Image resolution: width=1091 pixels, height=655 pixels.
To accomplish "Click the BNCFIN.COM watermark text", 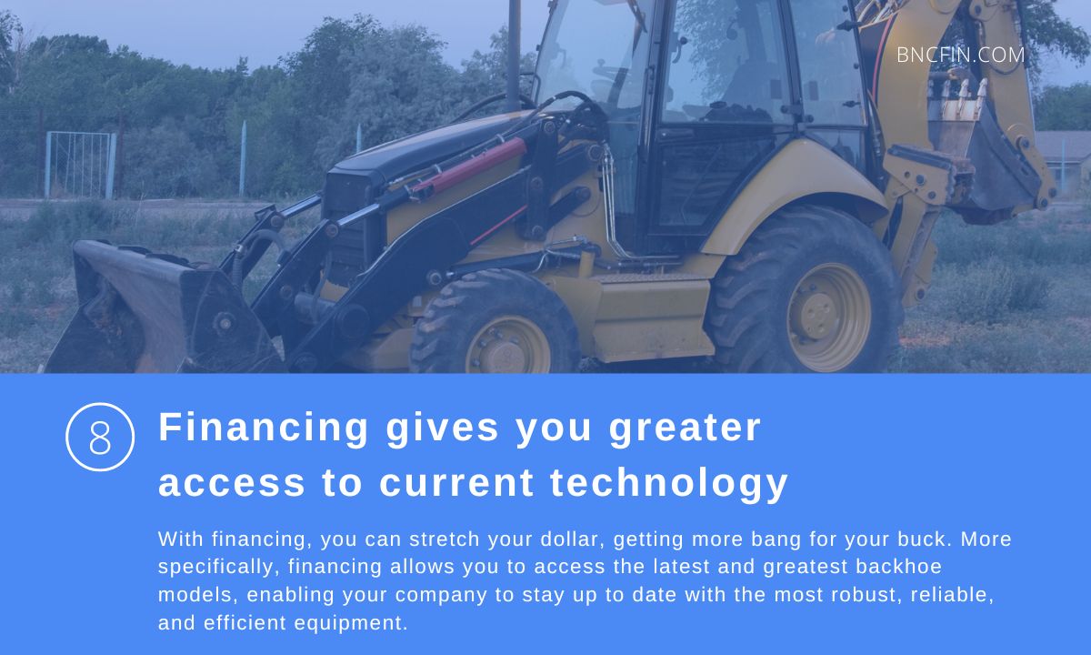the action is click(x=960, y=55).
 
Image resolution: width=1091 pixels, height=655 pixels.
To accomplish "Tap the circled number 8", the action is click(x=100, y=438).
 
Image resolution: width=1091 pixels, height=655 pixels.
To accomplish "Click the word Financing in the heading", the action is click(x=264, y=428).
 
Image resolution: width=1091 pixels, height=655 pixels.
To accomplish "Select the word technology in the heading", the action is click(x=669, y=482).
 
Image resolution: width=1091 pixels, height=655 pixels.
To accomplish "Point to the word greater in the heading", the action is click(x=685, y=428).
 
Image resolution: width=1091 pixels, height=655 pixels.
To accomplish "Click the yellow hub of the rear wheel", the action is click(x=828, y=317).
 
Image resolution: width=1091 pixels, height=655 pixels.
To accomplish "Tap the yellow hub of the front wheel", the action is click(x=508, y=348).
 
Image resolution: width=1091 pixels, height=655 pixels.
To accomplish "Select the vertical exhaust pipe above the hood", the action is click(x=514, y=55).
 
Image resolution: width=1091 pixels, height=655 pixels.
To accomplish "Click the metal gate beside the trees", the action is click(x=81, y=165).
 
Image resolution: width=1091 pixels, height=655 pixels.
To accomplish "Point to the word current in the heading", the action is click(x=456, y=482).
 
